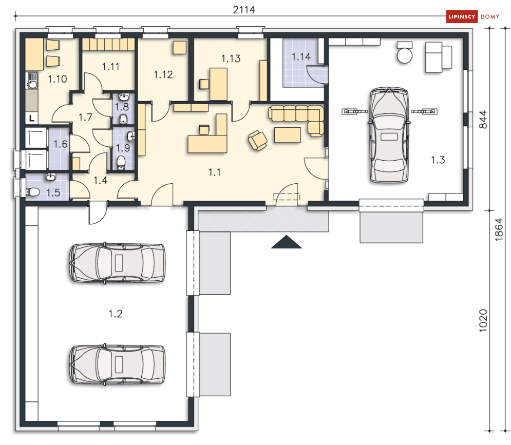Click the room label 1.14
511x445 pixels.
click(301, 57)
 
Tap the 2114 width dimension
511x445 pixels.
click(244, 10)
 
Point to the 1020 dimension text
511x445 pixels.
click(483, 321)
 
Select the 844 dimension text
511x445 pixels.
click(483, 119)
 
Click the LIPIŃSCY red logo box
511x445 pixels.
click(462, 16)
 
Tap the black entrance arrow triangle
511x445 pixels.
click(287, 242)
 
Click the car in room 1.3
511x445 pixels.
click(389, 135)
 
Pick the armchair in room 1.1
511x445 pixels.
click(257, 141)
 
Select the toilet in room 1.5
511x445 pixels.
click(32, 192)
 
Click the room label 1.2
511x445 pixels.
click(116, 314)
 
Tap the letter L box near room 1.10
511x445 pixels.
click(32, 118)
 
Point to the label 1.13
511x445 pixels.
click(231, 59)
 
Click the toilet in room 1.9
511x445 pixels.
click(121, 162)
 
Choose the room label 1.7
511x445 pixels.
click(85, 117)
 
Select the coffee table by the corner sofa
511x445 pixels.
click(288, 135)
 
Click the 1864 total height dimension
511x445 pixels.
click(499, 229)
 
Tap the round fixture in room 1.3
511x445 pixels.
click(404, 55)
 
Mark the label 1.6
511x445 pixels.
click(61, 144)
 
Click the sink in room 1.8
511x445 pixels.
click(124, 97)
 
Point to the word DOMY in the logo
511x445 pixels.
click(490, 16)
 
